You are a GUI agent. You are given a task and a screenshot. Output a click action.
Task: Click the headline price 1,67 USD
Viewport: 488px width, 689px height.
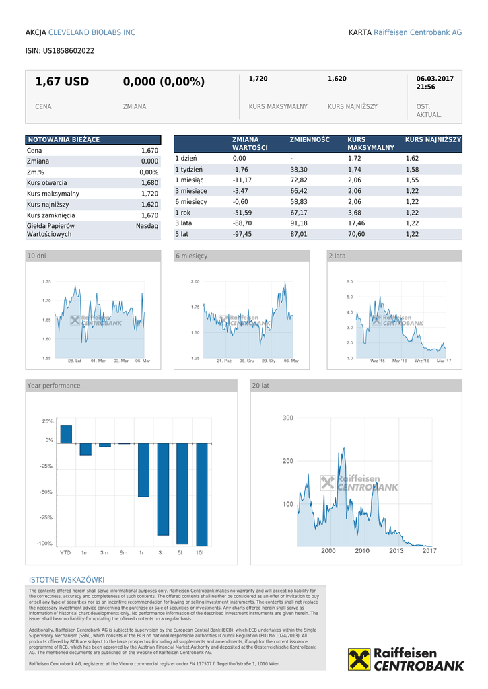point(62,82)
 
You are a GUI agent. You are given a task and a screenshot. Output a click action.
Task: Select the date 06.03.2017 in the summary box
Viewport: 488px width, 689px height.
point(435,79)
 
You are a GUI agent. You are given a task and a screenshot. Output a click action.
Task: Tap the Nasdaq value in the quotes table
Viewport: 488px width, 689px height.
point(147,226)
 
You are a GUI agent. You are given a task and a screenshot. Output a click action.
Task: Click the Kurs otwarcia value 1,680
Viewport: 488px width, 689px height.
point(149,183)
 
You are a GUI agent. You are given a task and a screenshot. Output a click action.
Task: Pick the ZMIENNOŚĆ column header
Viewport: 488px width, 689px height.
point(310,139)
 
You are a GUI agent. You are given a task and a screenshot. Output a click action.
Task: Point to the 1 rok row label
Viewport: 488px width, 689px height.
point(182,213)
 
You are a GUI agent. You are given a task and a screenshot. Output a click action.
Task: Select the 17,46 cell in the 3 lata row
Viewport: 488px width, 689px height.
point(357,223)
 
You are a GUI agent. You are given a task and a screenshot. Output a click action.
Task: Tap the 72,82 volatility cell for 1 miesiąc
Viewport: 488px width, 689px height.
point(299,180)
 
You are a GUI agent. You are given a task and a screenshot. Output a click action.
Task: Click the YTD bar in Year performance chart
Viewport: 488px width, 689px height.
point(65,435)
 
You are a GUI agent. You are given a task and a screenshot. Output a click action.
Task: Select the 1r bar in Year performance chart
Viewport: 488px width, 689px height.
point(143,468)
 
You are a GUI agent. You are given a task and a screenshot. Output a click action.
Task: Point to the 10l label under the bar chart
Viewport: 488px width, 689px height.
point(199,552)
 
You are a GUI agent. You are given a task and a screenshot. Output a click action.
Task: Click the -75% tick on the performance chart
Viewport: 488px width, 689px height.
point(46,517)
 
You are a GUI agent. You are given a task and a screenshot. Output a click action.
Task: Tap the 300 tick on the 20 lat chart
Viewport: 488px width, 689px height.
point(287,418)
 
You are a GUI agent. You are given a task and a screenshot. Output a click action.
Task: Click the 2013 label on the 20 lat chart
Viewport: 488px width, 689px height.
point(396,551)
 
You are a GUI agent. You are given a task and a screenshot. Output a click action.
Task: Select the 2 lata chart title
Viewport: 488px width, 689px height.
point(337,256)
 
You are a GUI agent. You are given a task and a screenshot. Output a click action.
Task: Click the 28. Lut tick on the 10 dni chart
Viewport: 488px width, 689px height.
point(75,361)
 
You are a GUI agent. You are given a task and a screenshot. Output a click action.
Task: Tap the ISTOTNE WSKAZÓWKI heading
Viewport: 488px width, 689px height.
point(66,580)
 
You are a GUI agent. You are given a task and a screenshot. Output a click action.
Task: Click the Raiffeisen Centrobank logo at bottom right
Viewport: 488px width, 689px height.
point(406,659)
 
